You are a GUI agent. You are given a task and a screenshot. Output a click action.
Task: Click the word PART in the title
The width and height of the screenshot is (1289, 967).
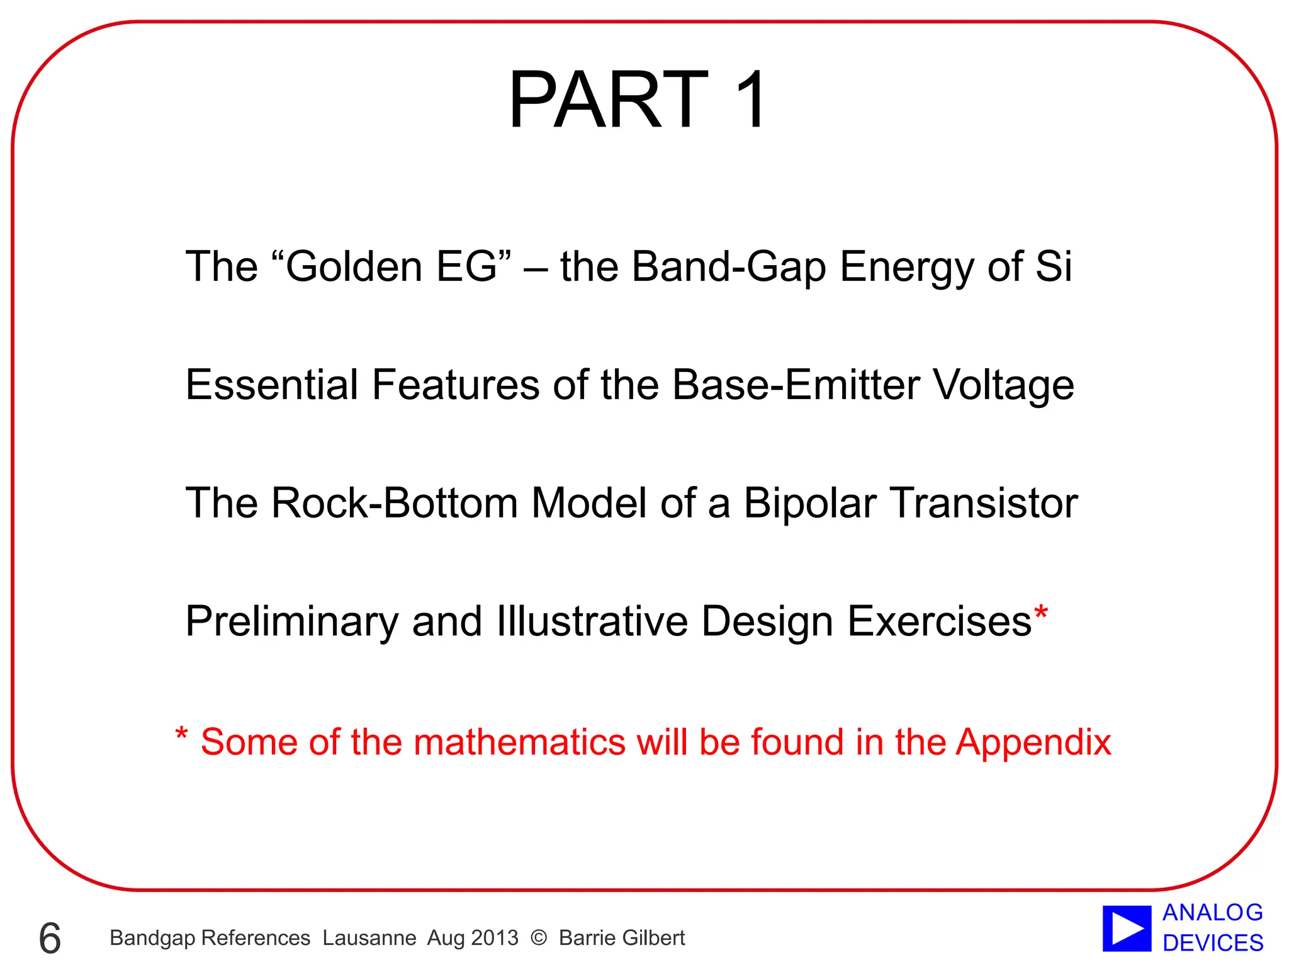point(608,100)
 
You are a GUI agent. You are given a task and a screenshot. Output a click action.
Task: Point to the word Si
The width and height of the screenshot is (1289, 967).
point(1053,266)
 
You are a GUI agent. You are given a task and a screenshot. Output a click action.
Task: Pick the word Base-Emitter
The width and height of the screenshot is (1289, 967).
point(796,385)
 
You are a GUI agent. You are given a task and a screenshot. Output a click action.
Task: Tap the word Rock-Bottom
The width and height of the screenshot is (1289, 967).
point(395,503)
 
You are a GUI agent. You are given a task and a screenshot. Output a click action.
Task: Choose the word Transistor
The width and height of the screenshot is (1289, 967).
point(984,503)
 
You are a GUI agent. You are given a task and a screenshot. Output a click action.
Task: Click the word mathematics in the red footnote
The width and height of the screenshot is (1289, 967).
point(519,742)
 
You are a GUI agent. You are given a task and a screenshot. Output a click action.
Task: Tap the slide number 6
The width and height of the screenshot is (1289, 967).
point(50,938)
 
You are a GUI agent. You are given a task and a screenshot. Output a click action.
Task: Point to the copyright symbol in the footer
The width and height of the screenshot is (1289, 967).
point(539,938)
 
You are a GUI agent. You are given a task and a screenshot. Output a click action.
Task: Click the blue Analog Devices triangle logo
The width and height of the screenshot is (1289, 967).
point(1127,928)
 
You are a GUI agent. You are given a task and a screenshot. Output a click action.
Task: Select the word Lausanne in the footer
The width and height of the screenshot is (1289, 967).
point(369,938)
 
